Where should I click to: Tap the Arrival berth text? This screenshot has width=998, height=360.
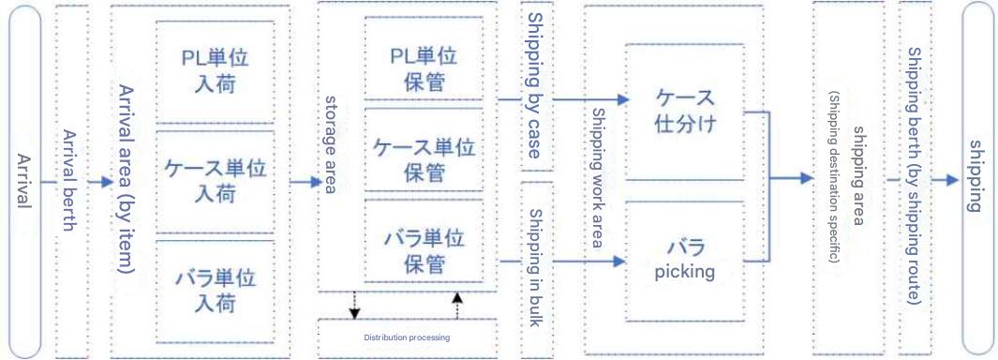[x=70, y=180]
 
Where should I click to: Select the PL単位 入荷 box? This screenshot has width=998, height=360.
[x=216, y=70]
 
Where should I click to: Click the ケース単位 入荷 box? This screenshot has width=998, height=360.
[x=216, y=182]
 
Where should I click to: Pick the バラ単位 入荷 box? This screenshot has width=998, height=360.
[x=216, y=292]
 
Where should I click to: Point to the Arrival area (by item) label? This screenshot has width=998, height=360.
[x=126, y=179]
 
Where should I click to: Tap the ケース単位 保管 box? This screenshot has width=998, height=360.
[x=424, y=150]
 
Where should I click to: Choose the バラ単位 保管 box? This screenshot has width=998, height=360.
[x=424, y=240]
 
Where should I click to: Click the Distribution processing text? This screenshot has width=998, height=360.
[x=407, y=337]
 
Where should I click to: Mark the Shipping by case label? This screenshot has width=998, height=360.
[x=535, y=86]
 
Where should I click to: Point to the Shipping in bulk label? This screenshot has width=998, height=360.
[x=535, y=268]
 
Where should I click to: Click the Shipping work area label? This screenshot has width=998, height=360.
[x=598, y=178]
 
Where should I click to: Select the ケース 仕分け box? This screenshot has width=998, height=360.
[x=684, y=112]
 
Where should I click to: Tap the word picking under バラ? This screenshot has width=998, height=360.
[x=685, y=272]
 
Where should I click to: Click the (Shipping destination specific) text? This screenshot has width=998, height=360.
[x=834, y=177]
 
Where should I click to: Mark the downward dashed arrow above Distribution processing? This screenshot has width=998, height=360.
[x=354, y=306]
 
